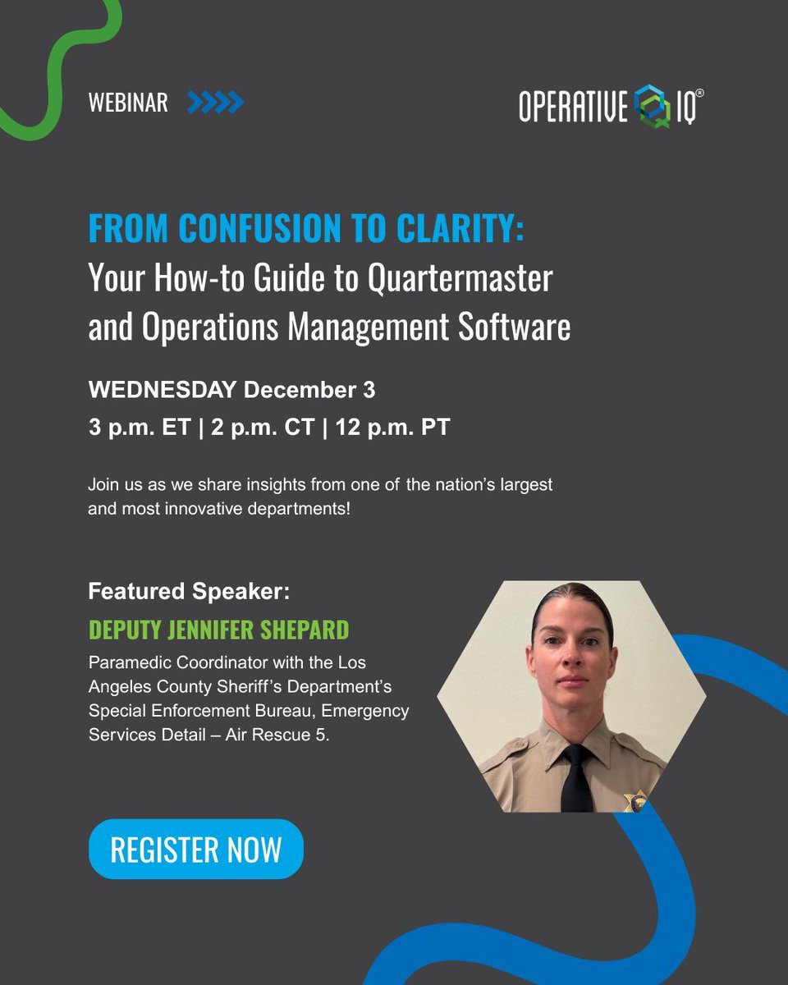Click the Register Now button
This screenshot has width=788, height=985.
(x=195, y=850)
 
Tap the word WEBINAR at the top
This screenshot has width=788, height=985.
(x=127, y=103)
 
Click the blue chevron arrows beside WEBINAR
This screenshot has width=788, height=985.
(x=215, y=103)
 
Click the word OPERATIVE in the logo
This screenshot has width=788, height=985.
(x=573, y=107)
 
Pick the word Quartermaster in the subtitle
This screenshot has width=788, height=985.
(x=460, y=279)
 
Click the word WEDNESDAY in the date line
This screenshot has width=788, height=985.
(x=163, y=390)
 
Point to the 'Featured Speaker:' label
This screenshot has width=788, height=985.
(x=189, y=591)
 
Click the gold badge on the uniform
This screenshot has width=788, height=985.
(x=633, y=801)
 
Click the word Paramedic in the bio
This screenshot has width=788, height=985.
(x=127, y=662)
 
